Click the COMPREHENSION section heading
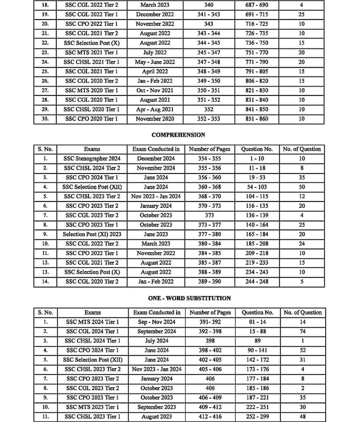(x=178, y=135)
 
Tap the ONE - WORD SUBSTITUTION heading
(x=182, y=298)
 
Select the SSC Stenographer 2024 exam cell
(x=92, y=158)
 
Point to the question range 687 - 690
(x=257, y=5)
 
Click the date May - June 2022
(x=155, y=62)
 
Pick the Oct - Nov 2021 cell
(x=155, y=91)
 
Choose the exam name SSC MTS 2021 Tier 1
(x=92, y=53)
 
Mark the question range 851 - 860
(x=257, y=119)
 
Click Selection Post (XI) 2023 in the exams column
(x=92, y=234)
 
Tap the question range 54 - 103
(x=257, y=187)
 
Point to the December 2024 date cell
(x=155, y=158)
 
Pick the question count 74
(x=302, y=331)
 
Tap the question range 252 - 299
(x=258, y=417)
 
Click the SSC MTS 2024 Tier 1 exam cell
(x=92, y=322)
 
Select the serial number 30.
(x=45, y=119)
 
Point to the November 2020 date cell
(x=155, y=119)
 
